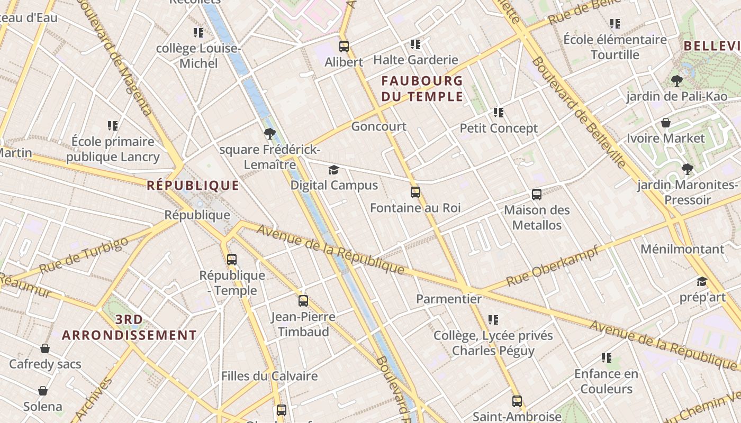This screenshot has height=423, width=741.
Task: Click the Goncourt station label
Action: (x=378, y=126)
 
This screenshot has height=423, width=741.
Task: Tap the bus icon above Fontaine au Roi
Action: (x=415, y=192)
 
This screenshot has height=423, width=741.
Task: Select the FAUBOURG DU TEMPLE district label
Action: (x=422, y=89)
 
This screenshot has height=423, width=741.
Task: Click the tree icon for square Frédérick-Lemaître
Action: (x=270, y=134)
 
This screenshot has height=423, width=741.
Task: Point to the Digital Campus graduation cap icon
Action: (x=333, y=170)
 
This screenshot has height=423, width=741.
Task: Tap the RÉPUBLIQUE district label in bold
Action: (x=193, y=186)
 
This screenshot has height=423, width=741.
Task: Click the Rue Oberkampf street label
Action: (x=552, y=266)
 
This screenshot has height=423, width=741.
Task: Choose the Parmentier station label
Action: (x=449, y=299)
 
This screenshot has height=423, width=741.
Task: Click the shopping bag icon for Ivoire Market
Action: (x=666, y=123)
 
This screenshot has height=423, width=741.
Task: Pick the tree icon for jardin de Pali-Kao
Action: (x=676, y=81)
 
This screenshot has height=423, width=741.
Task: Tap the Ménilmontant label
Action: (x=682, y=249)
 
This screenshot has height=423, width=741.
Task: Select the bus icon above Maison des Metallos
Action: (x=537, y=195)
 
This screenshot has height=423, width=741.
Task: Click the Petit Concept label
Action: (x=499, y=128)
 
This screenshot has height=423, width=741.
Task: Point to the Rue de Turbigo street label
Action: (x=84, y=255)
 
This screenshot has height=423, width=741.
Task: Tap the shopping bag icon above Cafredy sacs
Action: (x=45, y=349)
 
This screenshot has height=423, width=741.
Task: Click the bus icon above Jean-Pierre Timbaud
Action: (x=303, y=301)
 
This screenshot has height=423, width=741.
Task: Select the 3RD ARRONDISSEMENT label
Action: (x=129, y=327)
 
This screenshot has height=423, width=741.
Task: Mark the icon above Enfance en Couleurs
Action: (x=607, y=358)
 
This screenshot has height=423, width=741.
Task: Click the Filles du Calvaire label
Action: (x=269, y=376)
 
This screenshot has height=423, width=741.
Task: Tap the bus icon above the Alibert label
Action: (x=344, y=47)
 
